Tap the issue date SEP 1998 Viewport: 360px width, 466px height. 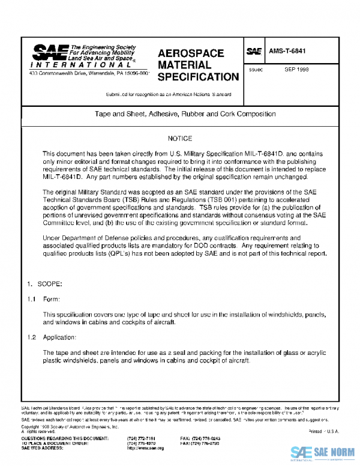pos(296,69)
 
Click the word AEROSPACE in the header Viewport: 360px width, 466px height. pos(190,53)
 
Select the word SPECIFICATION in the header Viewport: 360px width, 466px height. pos(198,77)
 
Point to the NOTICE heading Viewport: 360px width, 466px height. pos(180,139)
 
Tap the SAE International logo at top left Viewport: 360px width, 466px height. pos(83,56)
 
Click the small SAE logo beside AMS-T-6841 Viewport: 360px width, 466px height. pos(254,52)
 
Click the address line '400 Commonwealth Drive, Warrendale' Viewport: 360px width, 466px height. pos(89,73)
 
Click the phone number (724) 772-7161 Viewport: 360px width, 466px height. pos(142,439)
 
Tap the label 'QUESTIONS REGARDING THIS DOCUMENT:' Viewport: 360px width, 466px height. pos(65,439)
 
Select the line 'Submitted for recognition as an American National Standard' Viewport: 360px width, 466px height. pos(169,95)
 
